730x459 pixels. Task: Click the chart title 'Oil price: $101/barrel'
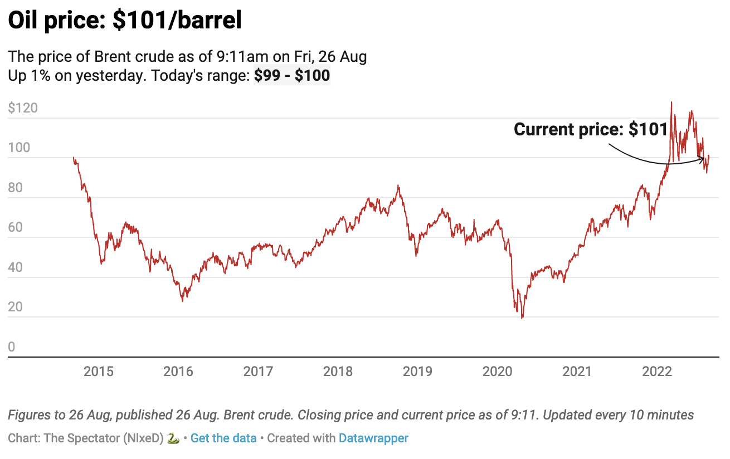point(125,21)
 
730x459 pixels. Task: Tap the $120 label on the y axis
point(23,108)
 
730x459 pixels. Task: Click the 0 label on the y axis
point(12,348)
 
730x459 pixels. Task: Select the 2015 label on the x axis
point(98,372)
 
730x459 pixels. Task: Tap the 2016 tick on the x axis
point(178,372)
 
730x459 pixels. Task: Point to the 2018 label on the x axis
point(338,372)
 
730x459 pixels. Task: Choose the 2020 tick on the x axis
point(497,372)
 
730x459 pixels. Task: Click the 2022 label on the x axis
point(656,372)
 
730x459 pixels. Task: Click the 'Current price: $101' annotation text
point(591,130)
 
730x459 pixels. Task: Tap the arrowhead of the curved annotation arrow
point(703,160)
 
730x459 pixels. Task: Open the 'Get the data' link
point(223,438)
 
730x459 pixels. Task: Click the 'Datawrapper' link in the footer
point(373,438)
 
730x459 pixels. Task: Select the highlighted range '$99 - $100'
point(292,75)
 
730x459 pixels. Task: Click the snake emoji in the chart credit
point(173,438)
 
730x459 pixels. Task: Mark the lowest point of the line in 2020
point(522,318)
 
